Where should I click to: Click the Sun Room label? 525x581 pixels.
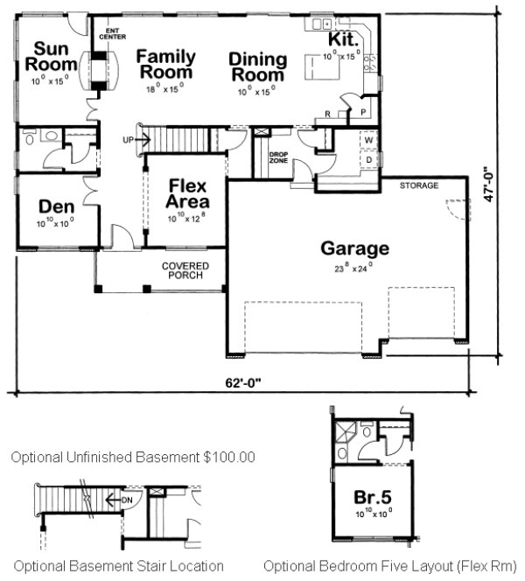pos(45,55)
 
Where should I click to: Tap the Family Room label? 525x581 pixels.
pos(166,64)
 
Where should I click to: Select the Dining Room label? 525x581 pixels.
pos(258,66)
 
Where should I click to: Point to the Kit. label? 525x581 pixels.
pos(342,40)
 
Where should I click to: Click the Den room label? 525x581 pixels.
pos(54,206)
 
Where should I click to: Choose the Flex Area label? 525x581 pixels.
pos(187,193)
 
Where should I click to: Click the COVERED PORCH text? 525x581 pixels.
pos(183,270)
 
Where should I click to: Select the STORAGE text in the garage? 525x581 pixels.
pos(418,186)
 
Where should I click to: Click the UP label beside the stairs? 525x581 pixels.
pos(129,140)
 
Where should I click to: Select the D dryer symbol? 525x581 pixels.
pos(368,161)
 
